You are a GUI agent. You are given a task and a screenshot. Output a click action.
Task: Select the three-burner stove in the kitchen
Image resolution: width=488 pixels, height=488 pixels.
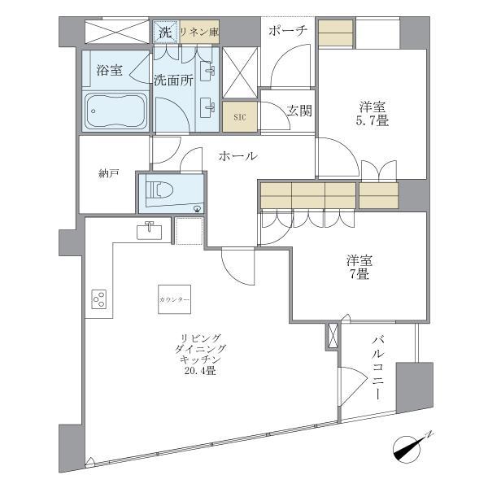pyautogui.click(x=99, y=299)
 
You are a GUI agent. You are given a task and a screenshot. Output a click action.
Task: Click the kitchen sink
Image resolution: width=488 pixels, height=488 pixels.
pyautogui.click(x=150, y=232)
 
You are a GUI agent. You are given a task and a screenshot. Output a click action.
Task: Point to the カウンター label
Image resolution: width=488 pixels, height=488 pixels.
pyautogui.click(x=174, y=300)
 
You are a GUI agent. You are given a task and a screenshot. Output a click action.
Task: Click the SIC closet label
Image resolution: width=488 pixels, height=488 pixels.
pyautogui.click(x=240, y=116)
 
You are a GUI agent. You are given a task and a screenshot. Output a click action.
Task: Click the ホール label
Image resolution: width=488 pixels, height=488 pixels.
pyautogui.click(x=237, y=156)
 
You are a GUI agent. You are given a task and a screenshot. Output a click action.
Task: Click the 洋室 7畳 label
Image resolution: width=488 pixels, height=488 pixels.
pyautogui.click(x=358, y=268)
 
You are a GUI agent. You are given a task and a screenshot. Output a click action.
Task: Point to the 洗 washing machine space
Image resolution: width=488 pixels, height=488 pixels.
pyautogui.click(x=165, y=33)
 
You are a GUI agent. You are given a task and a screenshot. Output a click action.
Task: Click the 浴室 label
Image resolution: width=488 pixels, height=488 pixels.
pyautogui.click(x=109, y=70)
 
